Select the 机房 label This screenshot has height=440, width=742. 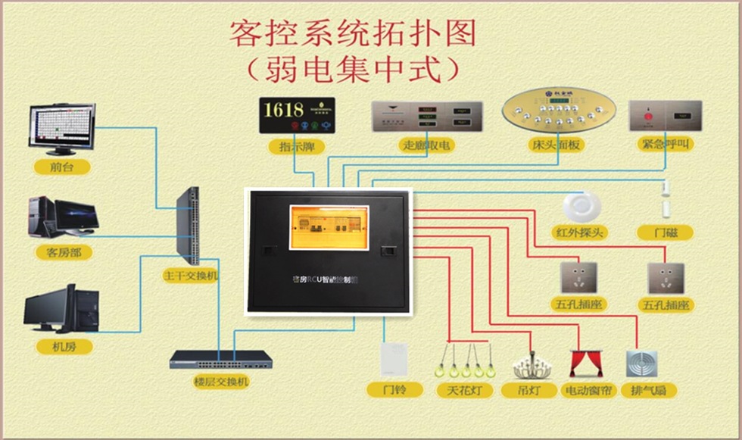pos(64,346)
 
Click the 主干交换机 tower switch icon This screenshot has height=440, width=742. pos(189,226)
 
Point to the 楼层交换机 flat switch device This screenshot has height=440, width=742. pos(220,359)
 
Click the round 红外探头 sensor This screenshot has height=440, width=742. pos(581,207)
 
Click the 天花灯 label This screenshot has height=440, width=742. pos(465,391)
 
